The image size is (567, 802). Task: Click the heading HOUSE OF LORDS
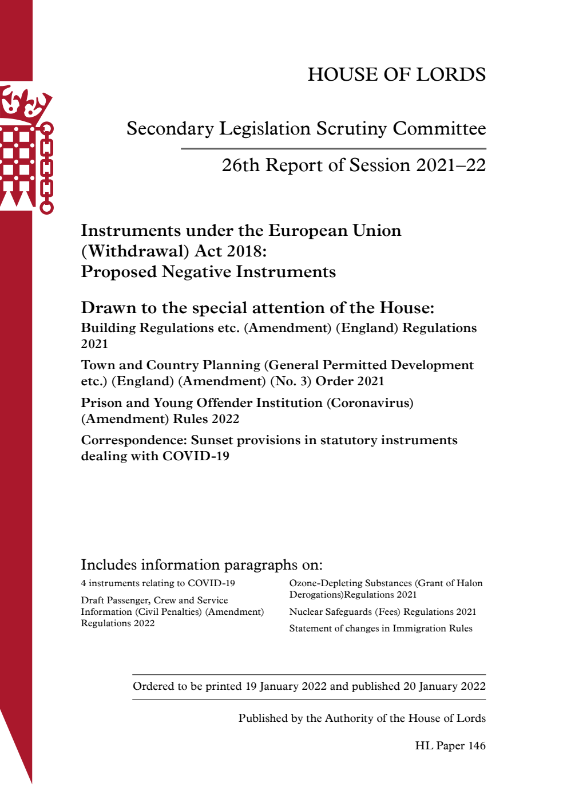pyautogui.click(x=396, y=74)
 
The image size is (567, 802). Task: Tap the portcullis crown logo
pyautogui.click(x=26, y=149)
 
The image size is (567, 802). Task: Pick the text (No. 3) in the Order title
pyautogui.click(x=291, y=381)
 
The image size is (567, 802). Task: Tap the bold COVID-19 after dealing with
pyautogui.click(x=196, y=456)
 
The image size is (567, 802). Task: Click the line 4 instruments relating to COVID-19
pyautogui.click(x=158, y=583)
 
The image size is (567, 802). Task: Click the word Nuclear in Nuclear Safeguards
pyautogui.click(x=306, y=612)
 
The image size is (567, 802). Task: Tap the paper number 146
pyautogui.click(x=477, y=746)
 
